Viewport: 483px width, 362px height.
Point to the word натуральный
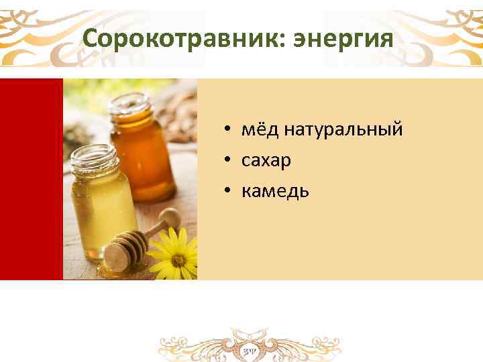(343, 130)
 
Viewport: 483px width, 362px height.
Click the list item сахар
(266, 161)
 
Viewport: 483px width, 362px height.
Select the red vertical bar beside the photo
(31, 178)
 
